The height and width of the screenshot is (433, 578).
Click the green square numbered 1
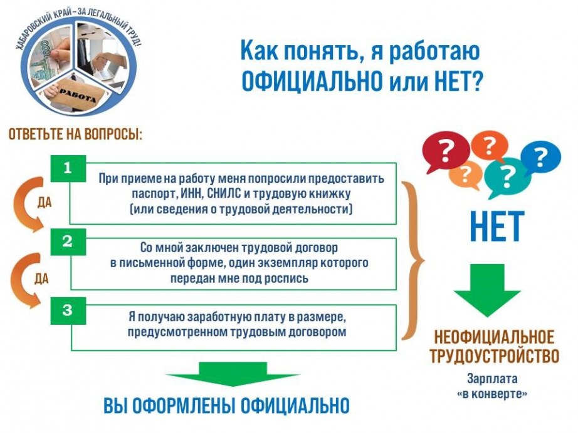68,168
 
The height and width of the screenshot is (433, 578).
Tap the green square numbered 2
68,242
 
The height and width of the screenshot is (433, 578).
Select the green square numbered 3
68,311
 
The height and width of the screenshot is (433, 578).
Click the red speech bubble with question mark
446,151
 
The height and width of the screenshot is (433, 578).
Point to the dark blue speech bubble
540,158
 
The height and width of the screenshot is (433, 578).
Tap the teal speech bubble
507,176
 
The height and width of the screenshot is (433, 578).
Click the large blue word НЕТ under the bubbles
497,227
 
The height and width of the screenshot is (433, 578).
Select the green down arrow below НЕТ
487,290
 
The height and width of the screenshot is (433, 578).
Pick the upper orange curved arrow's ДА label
45,202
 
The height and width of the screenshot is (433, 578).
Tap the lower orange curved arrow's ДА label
41,279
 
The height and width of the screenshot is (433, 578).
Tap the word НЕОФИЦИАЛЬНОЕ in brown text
495,338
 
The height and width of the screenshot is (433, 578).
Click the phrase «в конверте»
492,394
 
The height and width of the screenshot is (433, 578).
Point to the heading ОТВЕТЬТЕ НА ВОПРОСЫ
75,135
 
